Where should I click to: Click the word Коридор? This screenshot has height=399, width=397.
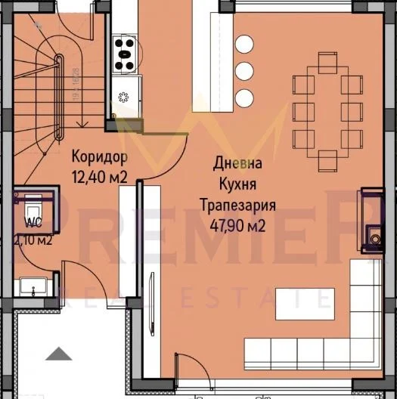(x=99, y=158)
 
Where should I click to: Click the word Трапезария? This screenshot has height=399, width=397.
(x=237, y=205)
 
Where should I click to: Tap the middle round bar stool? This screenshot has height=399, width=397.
(x=243, y=70)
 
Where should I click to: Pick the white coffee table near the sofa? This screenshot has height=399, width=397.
(x=299, y=302)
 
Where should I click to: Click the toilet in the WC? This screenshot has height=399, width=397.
(x=34, y=206)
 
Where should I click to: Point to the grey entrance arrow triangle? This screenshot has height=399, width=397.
(x=57, y=354)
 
